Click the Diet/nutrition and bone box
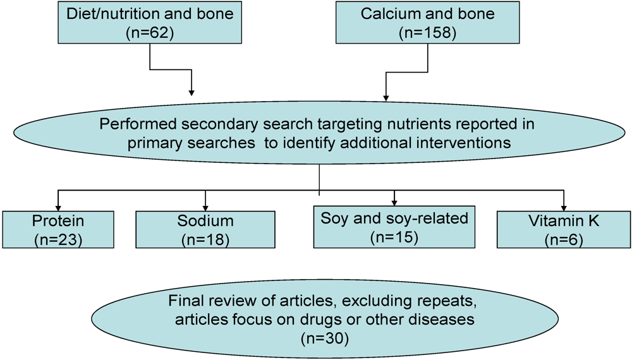pyautogui.click(x=150, y=23)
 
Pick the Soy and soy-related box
pyautogui.click(x=394, y=229)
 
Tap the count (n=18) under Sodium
pyautogui.click(x=206, y=239)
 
